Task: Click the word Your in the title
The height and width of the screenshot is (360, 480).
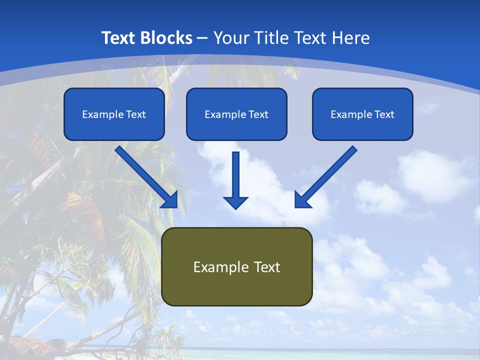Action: tap(231, 38)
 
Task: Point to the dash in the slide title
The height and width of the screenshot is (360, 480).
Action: tap(202, 38)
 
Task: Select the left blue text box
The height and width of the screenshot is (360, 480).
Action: tap(114, 114)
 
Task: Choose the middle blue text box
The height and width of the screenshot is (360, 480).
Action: tap(236, 114)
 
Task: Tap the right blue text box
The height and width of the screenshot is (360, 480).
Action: tap(362, 114)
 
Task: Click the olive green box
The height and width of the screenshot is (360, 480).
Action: tap(237, 266)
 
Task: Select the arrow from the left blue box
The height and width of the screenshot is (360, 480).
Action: tap(145, 175)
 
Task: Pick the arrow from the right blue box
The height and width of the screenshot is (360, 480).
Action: tap(327, 175)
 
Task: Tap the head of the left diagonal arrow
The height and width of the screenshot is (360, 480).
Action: tap(170, 199)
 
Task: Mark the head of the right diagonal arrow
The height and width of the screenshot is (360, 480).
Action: tap(302, 199)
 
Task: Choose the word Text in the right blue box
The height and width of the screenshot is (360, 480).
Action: tap(384, 114)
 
